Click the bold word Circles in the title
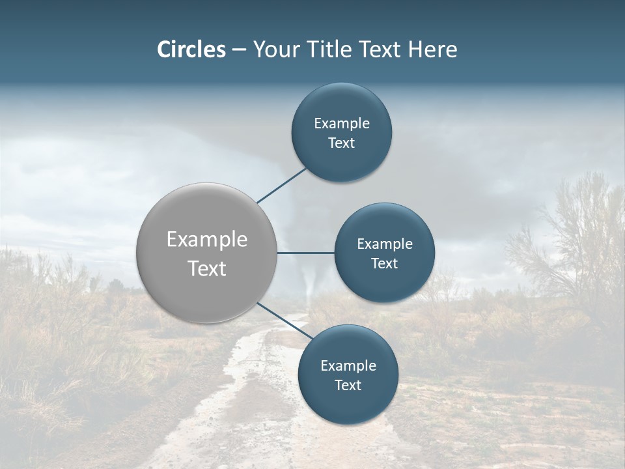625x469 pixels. point(191,50)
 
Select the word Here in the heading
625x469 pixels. point(433,50)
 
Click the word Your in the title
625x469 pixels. point(275,50)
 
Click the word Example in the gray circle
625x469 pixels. point(207,240)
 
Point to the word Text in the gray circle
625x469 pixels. point(207,268)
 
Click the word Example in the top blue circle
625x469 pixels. point(342,123)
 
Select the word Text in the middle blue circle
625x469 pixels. point(385,264)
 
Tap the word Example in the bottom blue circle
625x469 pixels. point(348,365)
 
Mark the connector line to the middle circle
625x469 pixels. point(305,253)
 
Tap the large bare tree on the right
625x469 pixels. point(573,234)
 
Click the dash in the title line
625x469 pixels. point(239,50)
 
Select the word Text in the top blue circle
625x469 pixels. point(342,143)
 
